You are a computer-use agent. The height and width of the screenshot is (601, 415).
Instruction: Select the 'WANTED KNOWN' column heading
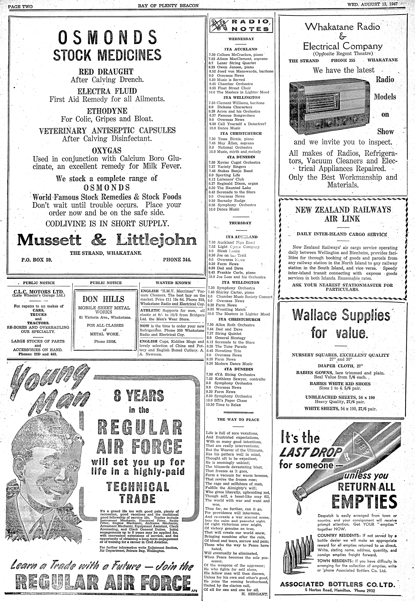coord(173,283)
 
